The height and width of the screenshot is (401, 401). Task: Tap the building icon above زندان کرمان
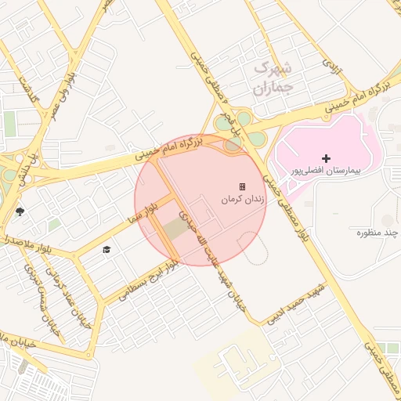pos(243,186)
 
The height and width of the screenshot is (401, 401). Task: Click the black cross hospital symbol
pos(327,158)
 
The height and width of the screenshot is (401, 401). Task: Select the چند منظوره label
pos(374,233)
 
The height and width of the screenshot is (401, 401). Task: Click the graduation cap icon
pos(107,249)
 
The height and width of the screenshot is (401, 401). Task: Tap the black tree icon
pos(20,211)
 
